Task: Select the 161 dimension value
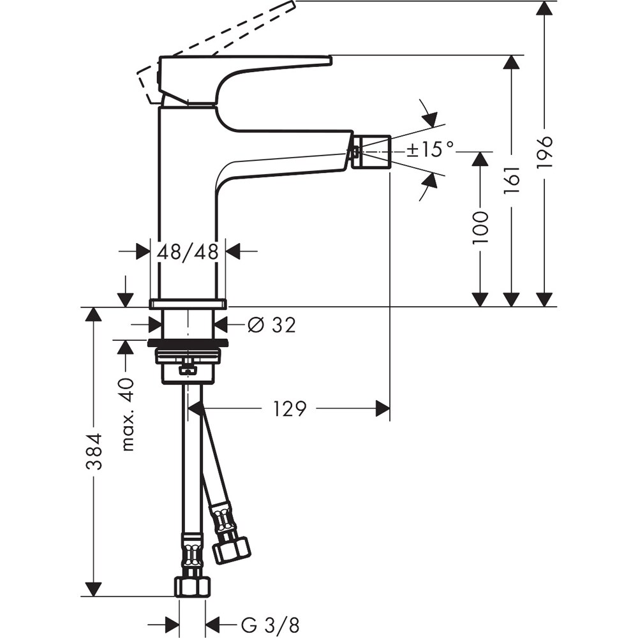click(x=512, y=181)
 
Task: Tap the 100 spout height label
click(x=480, y=228)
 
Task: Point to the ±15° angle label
click(x=431, y=150)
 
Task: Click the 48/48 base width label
click(x=188, y=252)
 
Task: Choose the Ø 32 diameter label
click(x=271, y=325)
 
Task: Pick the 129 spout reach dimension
click(x=290, y=409)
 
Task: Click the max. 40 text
click(x=128, y=414)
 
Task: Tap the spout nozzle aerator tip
click(x=372, y=152)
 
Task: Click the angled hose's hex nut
click(x=231, y=551)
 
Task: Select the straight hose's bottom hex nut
click(x=192, y=586)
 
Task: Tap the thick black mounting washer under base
click(x=188, y=343)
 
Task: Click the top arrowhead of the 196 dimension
click(x=544, y=8)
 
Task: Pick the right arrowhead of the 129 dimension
click(x=383, y=409)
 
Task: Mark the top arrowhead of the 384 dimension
click(x=94, y=315)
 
